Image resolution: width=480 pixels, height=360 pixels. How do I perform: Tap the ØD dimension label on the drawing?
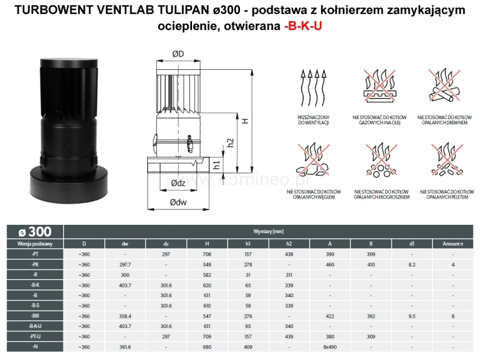pos(179,54)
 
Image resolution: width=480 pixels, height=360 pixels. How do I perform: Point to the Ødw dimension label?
pos(179,204)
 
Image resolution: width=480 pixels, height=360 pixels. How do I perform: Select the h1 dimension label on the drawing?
pos(216,165)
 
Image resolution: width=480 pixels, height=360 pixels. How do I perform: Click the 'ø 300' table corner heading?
pos(35,231)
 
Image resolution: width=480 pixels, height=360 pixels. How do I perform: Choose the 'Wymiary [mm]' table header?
pos(268,231)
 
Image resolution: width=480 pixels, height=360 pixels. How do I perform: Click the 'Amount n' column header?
pos(452,243)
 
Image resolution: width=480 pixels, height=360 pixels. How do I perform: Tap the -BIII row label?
pos(35,316)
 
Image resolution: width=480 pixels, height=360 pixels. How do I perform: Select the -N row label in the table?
pos(35,347)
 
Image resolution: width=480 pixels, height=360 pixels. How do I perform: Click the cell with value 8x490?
pos(330,347)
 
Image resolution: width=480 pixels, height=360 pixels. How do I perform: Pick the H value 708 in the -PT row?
pos(207,254)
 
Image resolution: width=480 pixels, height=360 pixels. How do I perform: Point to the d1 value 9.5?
pos(412,316)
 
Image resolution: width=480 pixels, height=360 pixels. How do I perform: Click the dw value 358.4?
pos(125,316)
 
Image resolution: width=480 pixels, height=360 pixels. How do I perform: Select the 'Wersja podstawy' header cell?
pos(35,243)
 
